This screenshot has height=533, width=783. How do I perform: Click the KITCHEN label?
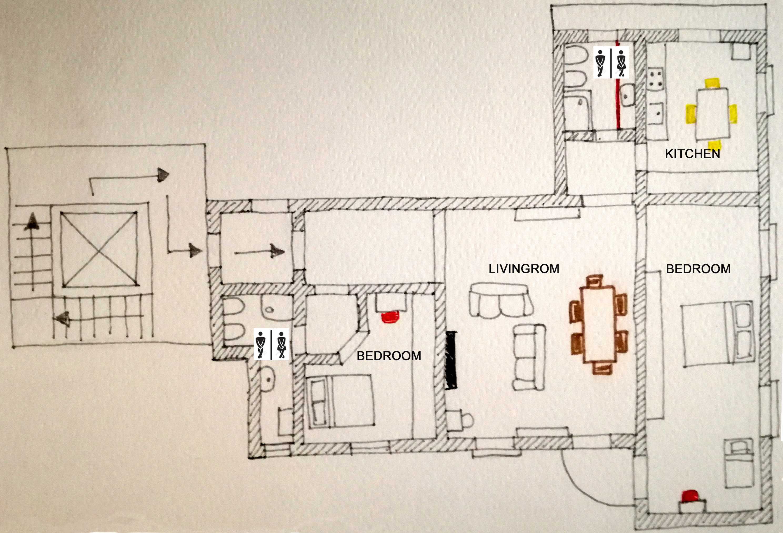pos(692,154)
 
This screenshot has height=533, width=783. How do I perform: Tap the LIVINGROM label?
pos(524,269)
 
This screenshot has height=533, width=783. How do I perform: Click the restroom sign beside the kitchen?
pos(611,62)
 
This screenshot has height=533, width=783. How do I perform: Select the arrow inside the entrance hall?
pos(259,251)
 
